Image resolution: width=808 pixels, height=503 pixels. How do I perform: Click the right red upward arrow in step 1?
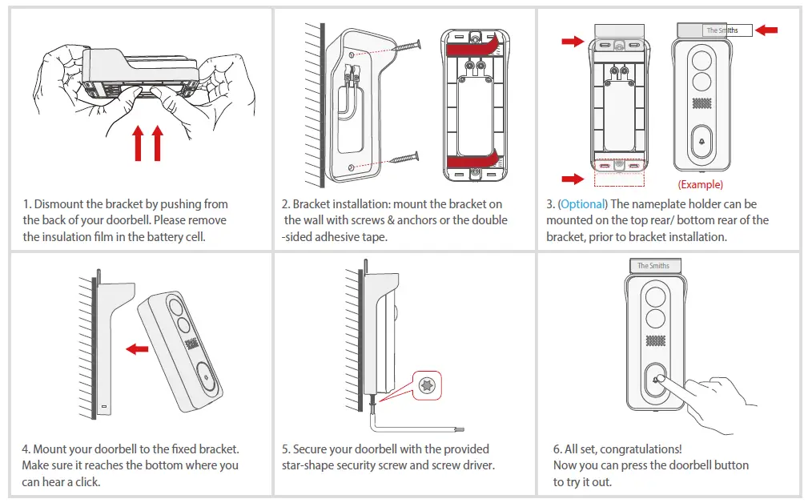click(x=157, y=143)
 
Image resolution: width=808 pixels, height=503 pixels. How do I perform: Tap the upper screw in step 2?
click(x=404, y=46)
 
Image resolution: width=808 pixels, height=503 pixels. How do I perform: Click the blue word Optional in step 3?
click(x=583, y=204)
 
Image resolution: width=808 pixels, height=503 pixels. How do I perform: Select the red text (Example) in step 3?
click(x=700, y=184)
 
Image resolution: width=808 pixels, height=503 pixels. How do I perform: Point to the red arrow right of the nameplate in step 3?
click(x=766, y=30)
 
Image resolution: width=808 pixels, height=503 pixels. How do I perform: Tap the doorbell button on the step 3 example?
click(x=702, y=142)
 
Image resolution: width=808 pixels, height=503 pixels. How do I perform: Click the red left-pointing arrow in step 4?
click(x=138, y=348)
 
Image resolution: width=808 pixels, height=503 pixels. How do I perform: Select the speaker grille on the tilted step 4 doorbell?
click(x=192, y=344)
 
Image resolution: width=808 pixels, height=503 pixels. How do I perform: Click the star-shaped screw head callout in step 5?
click(x=427, y=385)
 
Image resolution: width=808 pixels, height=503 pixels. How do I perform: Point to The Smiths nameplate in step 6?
click(x=653, y=266)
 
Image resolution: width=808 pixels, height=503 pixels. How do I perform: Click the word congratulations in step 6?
click(x=641, y=449)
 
